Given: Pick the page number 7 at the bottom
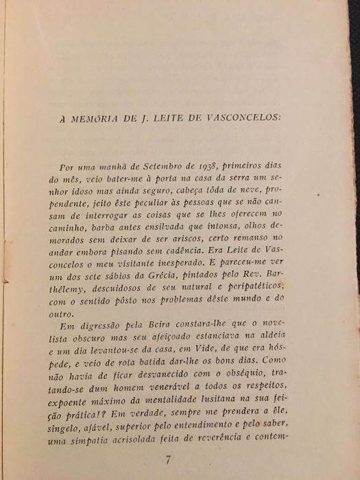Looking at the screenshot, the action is click(x=167, y=460).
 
